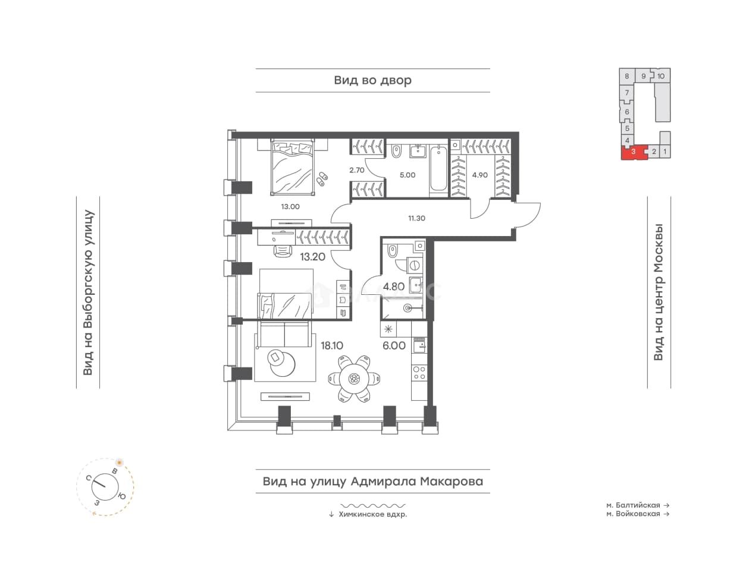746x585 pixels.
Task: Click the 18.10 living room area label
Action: (x=331, y=345)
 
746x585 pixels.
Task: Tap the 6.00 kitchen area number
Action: (x=394, y=345)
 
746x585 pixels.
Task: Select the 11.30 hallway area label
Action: (x=416, y=218)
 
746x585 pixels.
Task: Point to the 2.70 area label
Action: (x=357, y=170)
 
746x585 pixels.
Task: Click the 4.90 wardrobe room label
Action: (x=479, y=175)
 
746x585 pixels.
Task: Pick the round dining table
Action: (x=354, y=379)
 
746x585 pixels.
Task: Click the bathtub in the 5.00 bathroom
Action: (x=438, y=168)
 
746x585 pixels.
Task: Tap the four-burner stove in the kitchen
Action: (x=419, y=373)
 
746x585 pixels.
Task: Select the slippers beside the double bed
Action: (x=322, y=178)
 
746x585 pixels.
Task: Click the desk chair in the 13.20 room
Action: (x=283, y=251)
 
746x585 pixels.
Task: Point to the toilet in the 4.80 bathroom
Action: (x=391, y=251)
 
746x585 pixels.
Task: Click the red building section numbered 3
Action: (x=634, y=152)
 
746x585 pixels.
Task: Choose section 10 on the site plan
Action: (x=661, y=76)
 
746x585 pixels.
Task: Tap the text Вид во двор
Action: (x=372, y=80)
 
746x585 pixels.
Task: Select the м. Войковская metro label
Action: (x=634, y=514)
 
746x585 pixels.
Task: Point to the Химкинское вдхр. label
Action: (x=372, y=514)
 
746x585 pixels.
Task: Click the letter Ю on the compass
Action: (x=121, y=496)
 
